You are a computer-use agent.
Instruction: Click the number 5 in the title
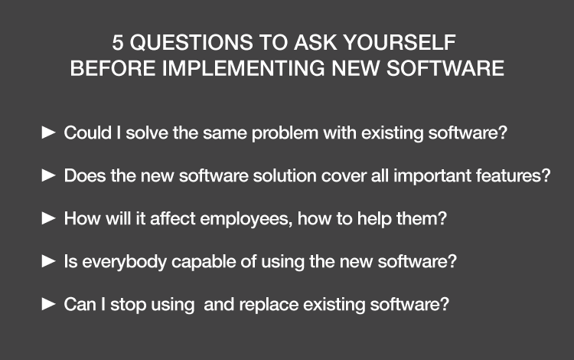(117, 42)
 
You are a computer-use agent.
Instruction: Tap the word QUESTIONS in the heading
(191, 42)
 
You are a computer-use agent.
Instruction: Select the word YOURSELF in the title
(400, 42)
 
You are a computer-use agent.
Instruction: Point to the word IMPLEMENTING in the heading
(243, 68)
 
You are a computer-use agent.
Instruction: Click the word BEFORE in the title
(113, 68)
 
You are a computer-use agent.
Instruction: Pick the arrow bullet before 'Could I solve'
(49, 133)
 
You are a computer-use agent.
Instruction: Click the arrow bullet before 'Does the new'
(49, 175)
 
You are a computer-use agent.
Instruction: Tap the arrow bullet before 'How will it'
(49, 218)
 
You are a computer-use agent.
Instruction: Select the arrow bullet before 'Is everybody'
(49, 261)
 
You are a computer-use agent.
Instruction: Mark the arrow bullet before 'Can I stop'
(49, 304)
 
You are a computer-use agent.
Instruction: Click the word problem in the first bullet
(285, 133)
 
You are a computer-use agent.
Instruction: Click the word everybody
(125, 262)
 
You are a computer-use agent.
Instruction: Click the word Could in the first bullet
(88, 133)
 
